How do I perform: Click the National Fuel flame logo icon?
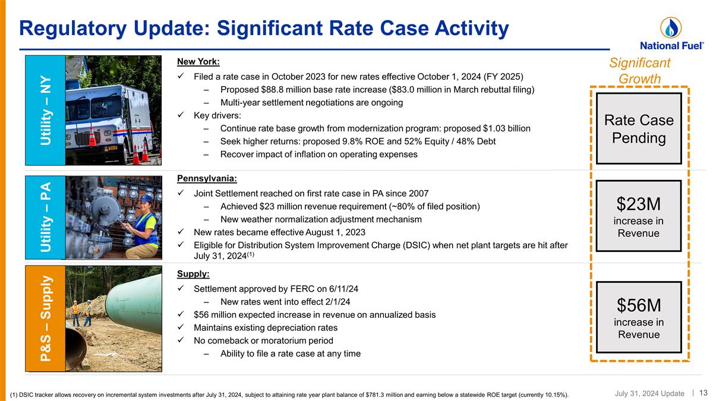tap(671, 27)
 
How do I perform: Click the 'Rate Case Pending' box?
tap(639, 129)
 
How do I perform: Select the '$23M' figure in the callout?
tap(639, 204)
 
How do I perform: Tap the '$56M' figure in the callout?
tap(639, 305)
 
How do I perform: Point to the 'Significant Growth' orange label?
tap(639, 71)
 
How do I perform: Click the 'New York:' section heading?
tap(198, 62)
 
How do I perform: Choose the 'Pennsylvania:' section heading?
tap(207, 178)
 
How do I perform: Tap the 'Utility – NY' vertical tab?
tap(45, 110)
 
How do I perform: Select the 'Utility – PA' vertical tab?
tap(45, 217)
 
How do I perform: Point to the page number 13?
tap(703, 393)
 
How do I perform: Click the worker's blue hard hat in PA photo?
tap(146, 198)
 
